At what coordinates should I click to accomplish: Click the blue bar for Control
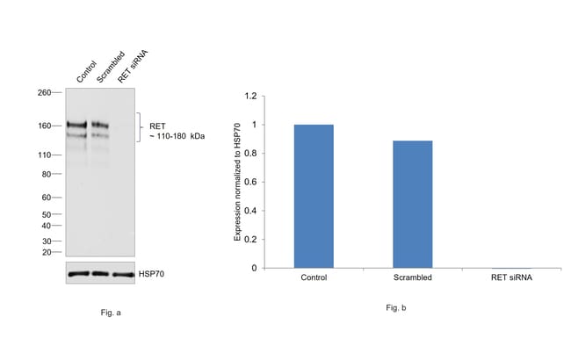click(x=314, y=196)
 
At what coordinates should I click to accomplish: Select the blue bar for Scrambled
click(x=413, y=205)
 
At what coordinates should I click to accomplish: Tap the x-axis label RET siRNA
click(x=511, y=277)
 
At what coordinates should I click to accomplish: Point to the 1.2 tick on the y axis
click(x=250, y=96)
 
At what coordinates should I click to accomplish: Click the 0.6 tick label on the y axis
click(x=250, y=182)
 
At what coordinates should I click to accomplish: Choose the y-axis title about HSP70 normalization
click(x=237, y=182)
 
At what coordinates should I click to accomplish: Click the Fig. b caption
click(x=396, y=308)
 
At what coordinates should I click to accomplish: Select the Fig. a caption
click(x=111, y=313)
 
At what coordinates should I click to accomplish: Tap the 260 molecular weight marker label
click(x=44, y=92)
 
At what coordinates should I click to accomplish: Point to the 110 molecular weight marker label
click(x=45, y=155)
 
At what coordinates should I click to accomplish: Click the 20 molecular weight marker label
click(x=47, y=252)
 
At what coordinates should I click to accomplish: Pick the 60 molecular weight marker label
click(x=47, y=198)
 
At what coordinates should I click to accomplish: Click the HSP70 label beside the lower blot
click(x=151, y=274)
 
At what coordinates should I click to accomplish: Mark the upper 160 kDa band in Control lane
click(x=76, y=125)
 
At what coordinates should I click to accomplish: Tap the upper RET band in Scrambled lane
click(x=100, y=126)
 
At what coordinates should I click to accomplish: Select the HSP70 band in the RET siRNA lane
click(x=123, y=275)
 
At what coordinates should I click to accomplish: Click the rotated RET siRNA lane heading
click(x=133, y=66)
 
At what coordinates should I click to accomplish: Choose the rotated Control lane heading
click(x=87, y=72)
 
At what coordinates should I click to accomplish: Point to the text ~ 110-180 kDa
click(x=177, y=136)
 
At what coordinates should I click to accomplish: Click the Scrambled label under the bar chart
click(x=413, y=277)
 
